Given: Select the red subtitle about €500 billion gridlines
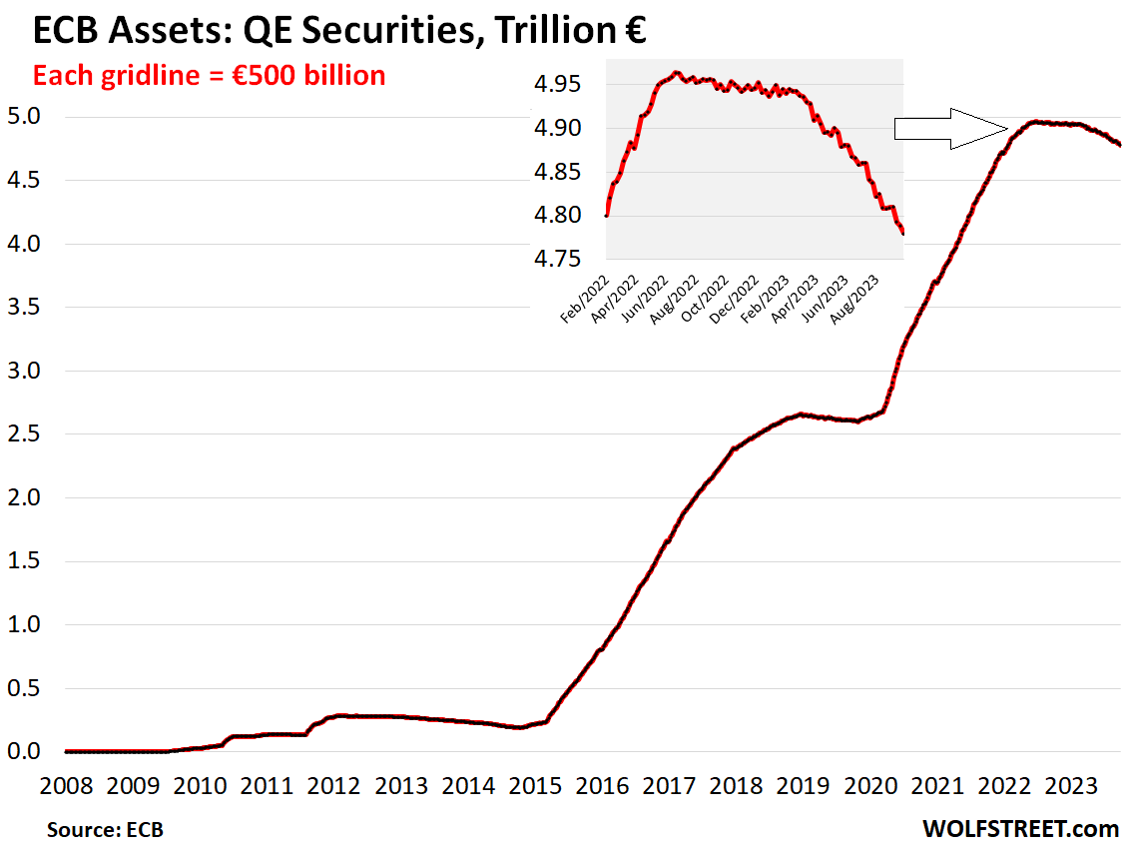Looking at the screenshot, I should (x=210, y=75).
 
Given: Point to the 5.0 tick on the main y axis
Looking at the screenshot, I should (x=24, y=117).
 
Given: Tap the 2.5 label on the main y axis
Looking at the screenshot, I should (x=24, y=434).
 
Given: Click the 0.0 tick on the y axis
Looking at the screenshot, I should (x=24, y=751).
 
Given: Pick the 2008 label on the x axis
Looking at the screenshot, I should (x=67, y=785).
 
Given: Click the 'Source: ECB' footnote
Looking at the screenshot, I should (x=105, y=830).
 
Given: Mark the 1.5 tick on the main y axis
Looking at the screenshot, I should (x=24, y=561).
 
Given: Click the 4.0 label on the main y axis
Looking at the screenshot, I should (x=24, y=244).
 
